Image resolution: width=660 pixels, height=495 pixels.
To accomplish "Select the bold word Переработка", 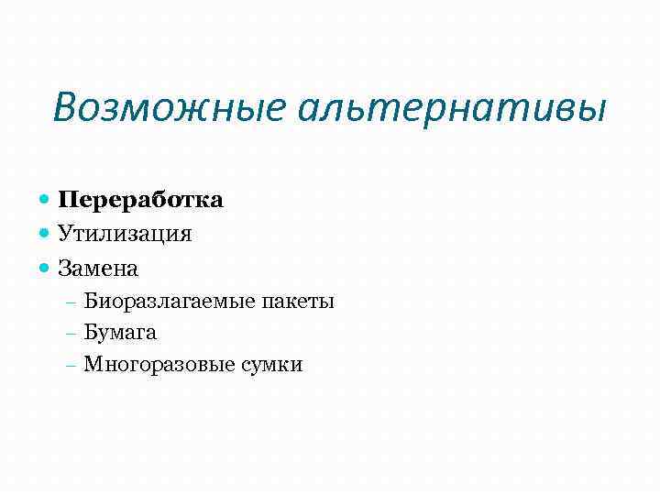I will pos(140,199).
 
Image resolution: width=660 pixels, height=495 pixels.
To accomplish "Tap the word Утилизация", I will pos(125,234).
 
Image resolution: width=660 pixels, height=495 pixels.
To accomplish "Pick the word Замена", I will pos(98,269).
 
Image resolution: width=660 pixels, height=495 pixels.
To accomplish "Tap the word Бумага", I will pos(120,333).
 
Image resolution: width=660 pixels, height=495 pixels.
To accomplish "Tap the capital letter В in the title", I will pos(63,107).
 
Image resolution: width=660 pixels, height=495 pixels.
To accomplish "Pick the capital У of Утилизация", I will pos(64,234).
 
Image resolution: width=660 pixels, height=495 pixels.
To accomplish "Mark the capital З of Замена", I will pos(64,269).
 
